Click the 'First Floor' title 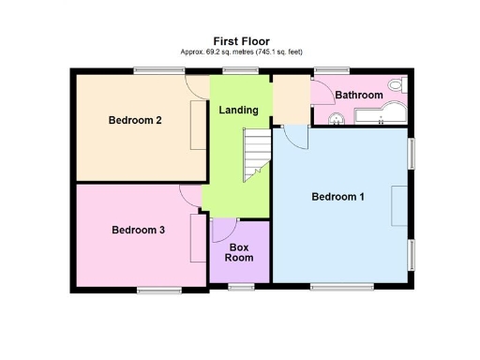tap(241, 40)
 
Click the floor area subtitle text tap(241, 52)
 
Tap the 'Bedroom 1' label tap(337, 197)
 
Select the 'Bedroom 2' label tap(136, 120)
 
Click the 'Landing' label tap(238, 111)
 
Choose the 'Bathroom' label tap(359, 96)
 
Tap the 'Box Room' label tap(241, 252)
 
